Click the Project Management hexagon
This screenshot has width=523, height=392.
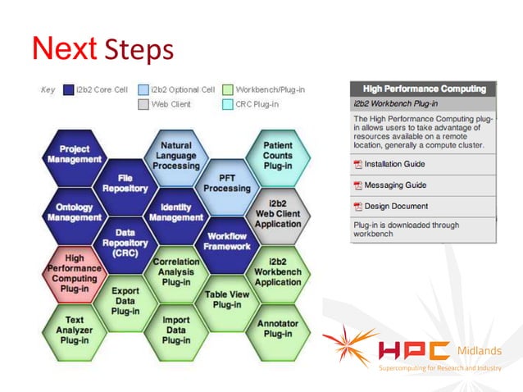tap(75, 154)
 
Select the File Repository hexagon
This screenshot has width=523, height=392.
tap(125, 183)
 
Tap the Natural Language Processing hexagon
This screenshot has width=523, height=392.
tap(176, 155)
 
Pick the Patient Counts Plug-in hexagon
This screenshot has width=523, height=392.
tap(278, 155)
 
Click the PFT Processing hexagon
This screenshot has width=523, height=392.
tap(227, 183)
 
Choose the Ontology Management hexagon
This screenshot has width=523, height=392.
tap(75, 212)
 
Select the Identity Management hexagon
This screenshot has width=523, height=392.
tap(176, 212)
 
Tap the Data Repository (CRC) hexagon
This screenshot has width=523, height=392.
tap(125, 239)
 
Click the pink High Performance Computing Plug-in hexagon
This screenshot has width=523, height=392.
tap(75, 271)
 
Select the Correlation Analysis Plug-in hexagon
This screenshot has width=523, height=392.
tap(176, 271)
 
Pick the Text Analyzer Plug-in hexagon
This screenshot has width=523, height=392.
tap(75, 329)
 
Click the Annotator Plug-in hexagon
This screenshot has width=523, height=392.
tap(278, 329)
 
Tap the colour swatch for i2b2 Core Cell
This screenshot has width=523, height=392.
tap(69, 89)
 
